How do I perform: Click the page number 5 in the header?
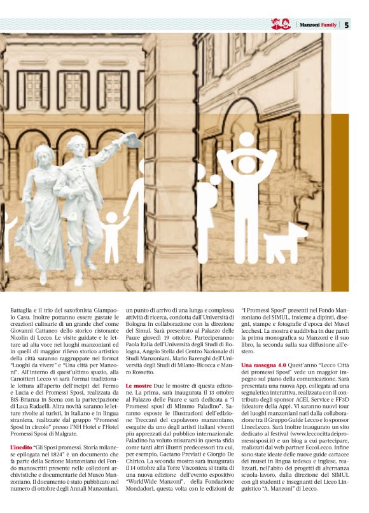tap(347, 25)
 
